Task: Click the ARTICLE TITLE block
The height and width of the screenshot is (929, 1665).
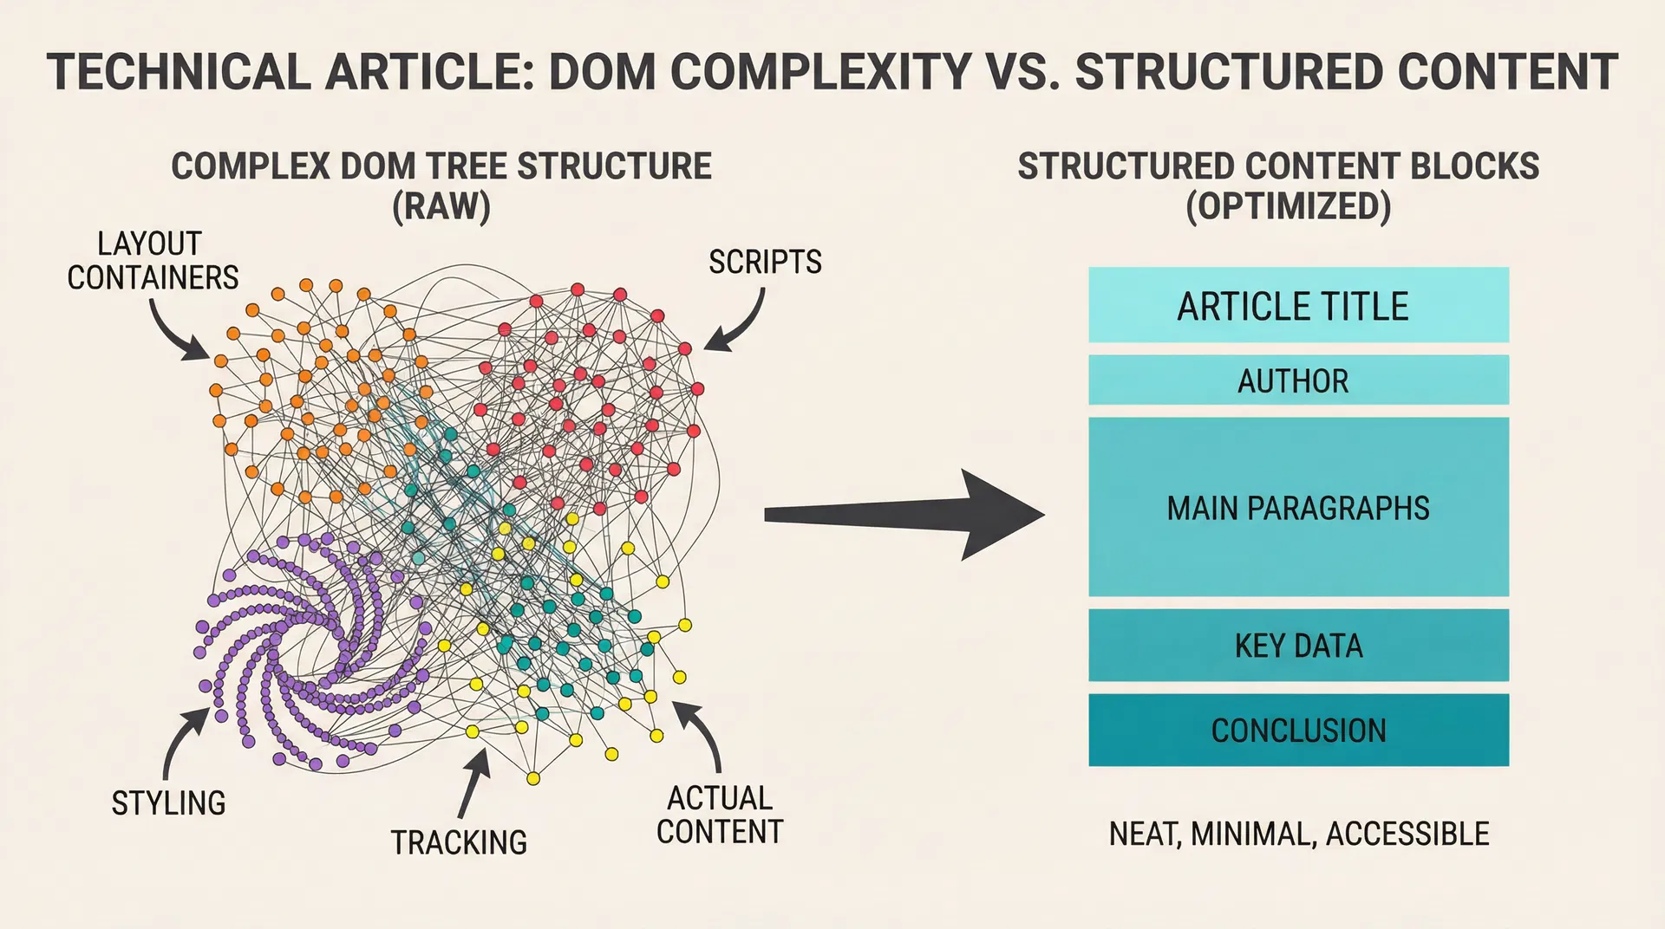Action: click(1298, 305)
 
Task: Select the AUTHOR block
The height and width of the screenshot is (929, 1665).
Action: click(1298, 380)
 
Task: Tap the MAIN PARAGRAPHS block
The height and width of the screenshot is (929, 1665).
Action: click(1298, 507)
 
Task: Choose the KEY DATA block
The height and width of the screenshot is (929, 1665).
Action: click(1298, 645)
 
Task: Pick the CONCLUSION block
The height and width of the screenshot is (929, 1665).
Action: click(1298, 730)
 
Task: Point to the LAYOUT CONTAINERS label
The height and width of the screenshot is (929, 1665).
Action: click(152, 260)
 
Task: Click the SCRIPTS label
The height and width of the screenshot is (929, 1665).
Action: click(765, 262)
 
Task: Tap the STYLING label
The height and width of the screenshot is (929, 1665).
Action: click(168, 802)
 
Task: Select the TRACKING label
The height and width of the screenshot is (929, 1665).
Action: click(459, 842)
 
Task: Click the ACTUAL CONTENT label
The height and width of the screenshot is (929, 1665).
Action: click(719, 815)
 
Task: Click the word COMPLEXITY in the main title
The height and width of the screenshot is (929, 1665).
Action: click(820, 71)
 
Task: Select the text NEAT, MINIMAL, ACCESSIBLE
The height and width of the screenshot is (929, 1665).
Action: click(1298, 834)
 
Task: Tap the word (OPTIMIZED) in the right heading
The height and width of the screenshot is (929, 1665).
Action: click(1288, 206)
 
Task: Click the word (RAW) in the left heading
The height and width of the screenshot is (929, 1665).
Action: click(441, 206)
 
